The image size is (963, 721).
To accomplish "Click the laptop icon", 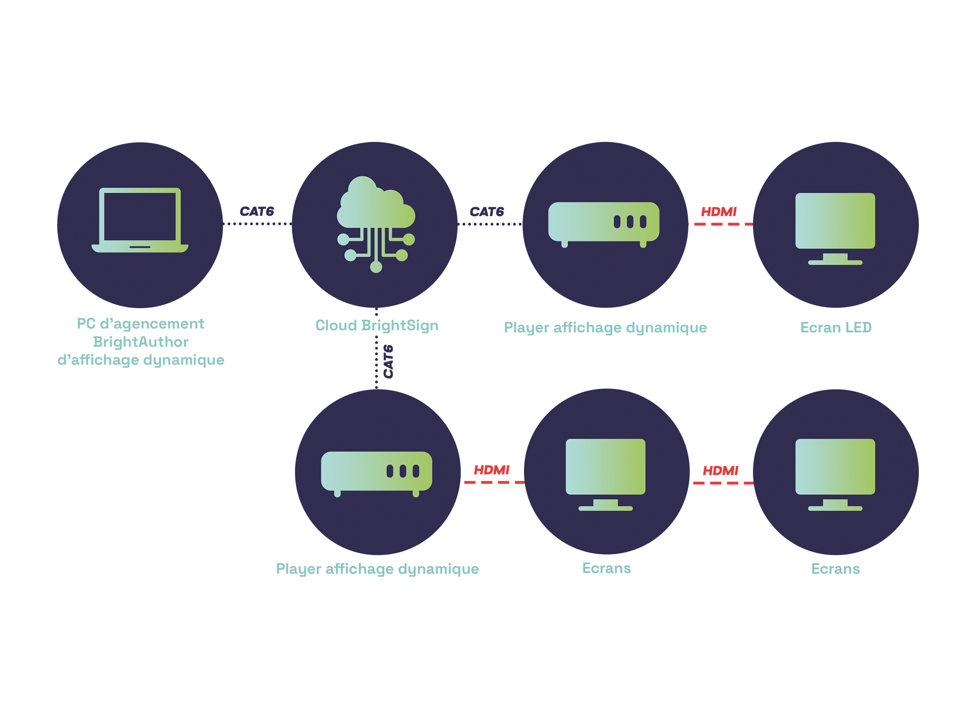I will tap(140, 220).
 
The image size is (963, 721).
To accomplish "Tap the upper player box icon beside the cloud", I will tap(603, 222).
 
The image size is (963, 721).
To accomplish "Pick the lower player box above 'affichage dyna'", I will tap(376, 472).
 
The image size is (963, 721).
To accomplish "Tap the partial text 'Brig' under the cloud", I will tap(375, 325).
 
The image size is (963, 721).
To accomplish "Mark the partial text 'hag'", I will tap(601, 328).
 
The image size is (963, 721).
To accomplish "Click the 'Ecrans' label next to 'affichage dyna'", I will tap(606, 568).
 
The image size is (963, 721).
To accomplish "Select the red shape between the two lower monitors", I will tap(722, 482).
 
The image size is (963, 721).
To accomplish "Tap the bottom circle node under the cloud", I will tap(376, 268).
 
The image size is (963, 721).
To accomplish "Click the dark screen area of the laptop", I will tap(140, 216).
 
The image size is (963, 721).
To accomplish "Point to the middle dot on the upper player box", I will tap(630, 222).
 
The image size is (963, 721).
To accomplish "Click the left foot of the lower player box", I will tap(337, 494).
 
